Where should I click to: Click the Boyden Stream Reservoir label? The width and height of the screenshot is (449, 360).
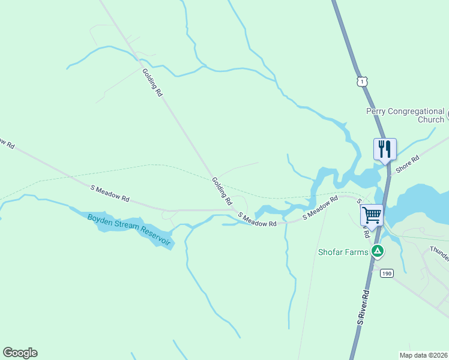click(x=129, y=229)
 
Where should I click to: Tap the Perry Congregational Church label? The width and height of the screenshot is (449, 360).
click(x=406, y=115)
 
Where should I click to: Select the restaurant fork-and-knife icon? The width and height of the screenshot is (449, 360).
click(x=384, y=148)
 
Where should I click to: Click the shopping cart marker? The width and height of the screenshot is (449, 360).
click(x=372, y=214)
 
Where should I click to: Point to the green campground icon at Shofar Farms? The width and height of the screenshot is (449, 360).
click(x=377, y=251)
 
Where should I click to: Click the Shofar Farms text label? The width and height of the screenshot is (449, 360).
click(x=342, y=252)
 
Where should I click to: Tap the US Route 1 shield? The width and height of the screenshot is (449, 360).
click(x=361, y=81)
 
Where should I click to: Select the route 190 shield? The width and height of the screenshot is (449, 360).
click(x=386, y=273)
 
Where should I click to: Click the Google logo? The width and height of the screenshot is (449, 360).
click(x=20, y=353)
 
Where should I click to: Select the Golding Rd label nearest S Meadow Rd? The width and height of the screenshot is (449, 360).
click(x=221, y=191)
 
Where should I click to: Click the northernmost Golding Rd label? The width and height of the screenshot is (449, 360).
click(x=152, y=83)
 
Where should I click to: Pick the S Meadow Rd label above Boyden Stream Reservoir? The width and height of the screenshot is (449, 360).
click(x=110, y=193)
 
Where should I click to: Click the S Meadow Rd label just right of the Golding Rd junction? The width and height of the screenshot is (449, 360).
click(x=257, y=220)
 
